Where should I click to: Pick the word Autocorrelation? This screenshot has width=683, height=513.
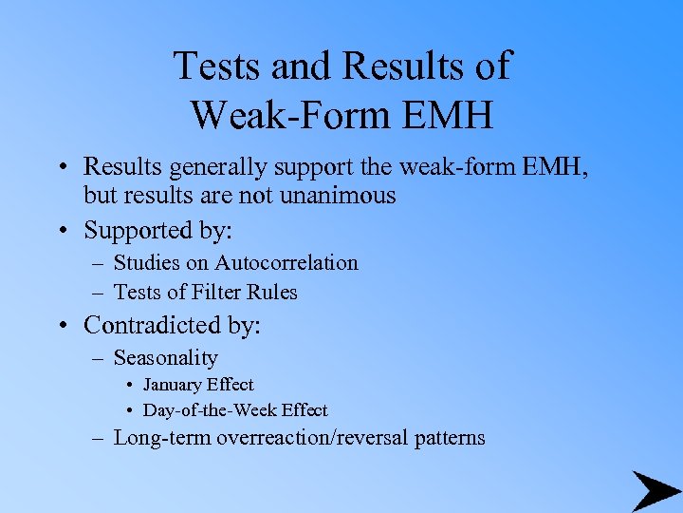click(286, 263)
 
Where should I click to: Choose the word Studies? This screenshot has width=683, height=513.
click(145, 263)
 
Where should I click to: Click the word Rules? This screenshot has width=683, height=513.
click(274, 293)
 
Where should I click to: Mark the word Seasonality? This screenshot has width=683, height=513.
click(165, 358)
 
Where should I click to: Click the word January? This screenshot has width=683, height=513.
click(175, 385)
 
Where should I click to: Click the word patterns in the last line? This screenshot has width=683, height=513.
click(451, 438)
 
